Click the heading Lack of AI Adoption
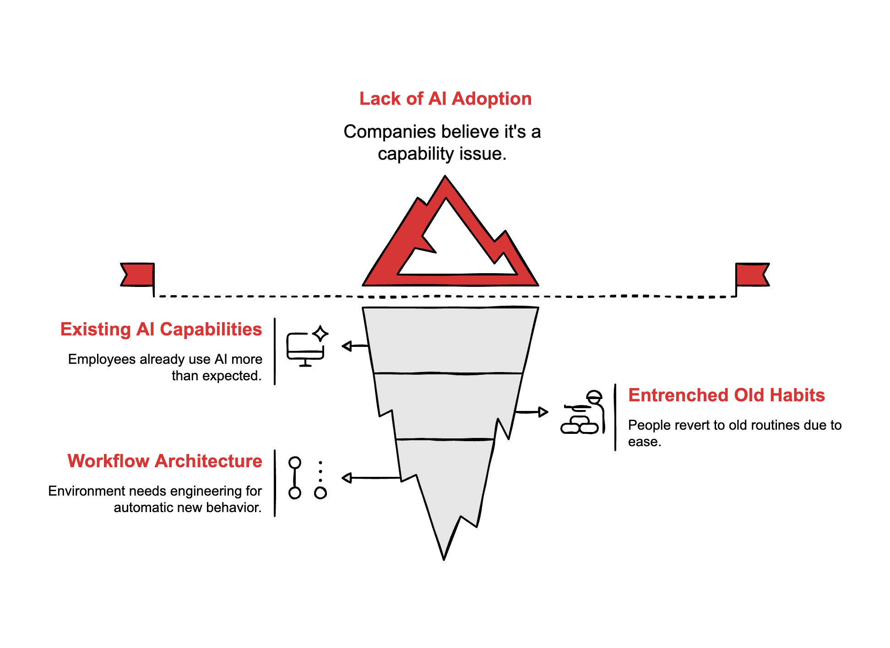pos(445,99)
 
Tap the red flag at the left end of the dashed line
pos(138,275)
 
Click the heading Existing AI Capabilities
pos(161,329)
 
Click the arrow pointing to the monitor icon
pos(355,346)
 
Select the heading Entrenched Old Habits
pos(726,395)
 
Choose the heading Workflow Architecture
pos(164,461)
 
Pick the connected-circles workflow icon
pos(307,478)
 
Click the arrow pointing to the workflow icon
pos(371,478)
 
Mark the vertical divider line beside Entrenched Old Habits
pos(615,417)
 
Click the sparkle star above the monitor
pos(320,334)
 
